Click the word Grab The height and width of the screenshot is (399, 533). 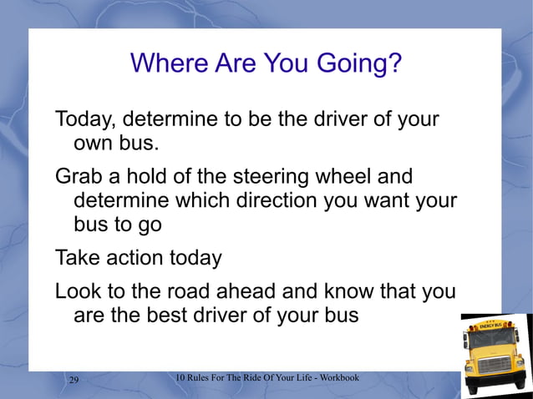click(80, 178)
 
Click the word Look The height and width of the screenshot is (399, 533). click(79, 292)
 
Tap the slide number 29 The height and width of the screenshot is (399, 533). click(74, 381)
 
